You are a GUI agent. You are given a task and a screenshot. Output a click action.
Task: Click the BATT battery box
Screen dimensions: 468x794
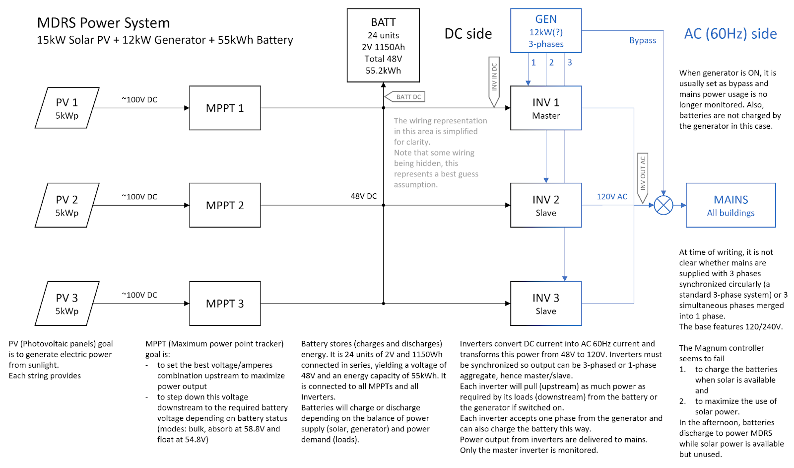[x=383, y=45]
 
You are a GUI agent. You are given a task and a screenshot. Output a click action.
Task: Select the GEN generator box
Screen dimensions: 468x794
[x=546, y=31]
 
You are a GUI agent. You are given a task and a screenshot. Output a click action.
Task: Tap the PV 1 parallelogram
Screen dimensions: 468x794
[x=67, y=108]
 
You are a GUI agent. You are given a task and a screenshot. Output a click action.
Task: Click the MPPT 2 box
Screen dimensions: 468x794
[x=225, y=205]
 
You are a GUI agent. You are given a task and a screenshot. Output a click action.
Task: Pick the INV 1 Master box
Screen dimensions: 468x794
[x=546, y=108]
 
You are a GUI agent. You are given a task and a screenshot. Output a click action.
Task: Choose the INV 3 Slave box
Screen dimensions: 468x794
[x=546, y=304]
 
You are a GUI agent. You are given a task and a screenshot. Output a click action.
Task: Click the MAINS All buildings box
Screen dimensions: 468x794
[x=730, y=205]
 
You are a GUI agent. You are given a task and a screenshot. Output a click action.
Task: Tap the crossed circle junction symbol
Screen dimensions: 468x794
[x=663, y=205]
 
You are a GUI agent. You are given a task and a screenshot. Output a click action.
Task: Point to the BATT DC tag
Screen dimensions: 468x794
[x=406, y=97]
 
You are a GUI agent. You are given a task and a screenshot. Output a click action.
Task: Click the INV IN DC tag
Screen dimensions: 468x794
[x=494, y=79]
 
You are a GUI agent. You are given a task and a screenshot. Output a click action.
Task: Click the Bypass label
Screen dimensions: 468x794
[x=643, y=40]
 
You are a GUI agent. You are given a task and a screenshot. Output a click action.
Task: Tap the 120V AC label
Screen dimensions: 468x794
[x=612, y=197]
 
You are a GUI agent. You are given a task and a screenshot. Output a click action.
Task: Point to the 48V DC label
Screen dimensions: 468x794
[x=364, y=196]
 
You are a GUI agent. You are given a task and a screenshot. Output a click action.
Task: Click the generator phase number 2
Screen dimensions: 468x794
[x=551, y=63]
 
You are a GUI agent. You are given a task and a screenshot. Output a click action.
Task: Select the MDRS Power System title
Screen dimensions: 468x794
[x=103, y=23]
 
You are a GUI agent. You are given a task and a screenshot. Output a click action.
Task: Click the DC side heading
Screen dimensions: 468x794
[x=468, y=34]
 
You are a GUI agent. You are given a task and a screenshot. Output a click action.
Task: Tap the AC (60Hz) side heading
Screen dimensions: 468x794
[x=730, y=34]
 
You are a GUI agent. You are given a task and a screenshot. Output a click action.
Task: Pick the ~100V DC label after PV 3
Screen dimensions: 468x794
[x=139, y=295]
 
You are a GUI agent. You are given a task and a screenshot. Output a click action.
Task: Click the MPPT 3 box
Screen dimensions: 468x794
[x=225, y=304]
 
